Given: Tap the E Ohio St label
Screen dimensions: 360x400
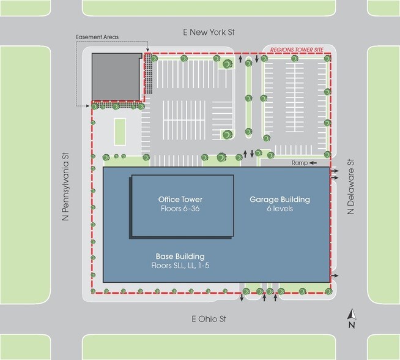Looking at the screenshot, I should click(x=209, y=319).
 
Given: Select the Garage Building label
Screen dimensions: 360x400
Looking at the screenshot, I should click(x=280, y=200).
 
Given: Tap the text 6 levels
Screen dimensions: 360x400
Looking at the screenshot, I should click(x=280, y=209).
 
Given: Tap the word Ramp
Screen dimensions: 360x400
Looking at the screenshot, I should click(x=298, y=163).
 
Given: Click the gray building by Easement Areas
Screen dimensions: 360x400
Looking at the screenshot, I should click(x=116, y=76).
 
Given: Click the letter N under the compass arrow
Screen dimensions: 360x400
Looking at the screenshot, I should click(x=351, y=326).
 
